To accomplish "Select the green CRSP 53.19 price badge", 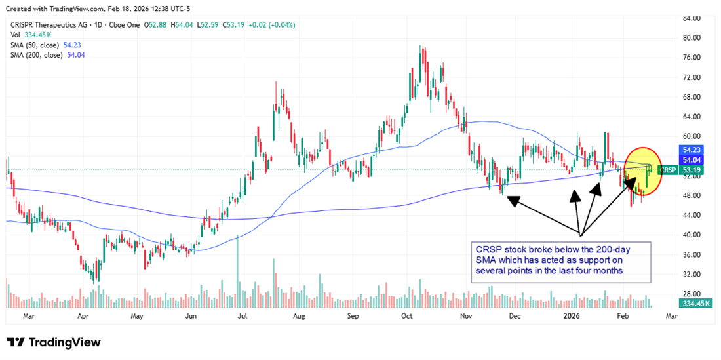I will click(x=678, y=170).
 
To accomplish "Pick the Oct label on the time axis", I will click(x=406, y=315).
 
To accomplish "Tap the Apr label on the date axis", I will click(x=83, y=315).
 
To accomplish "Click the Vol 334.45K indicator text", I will click(x=33, y=35).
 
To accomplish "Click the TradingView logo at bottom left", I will click(x=54, y=342).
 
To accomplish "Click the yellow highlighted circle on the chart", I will click(x=643, y=172).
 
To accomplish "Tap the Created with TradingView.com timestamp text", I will click(x=98, y=8).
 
